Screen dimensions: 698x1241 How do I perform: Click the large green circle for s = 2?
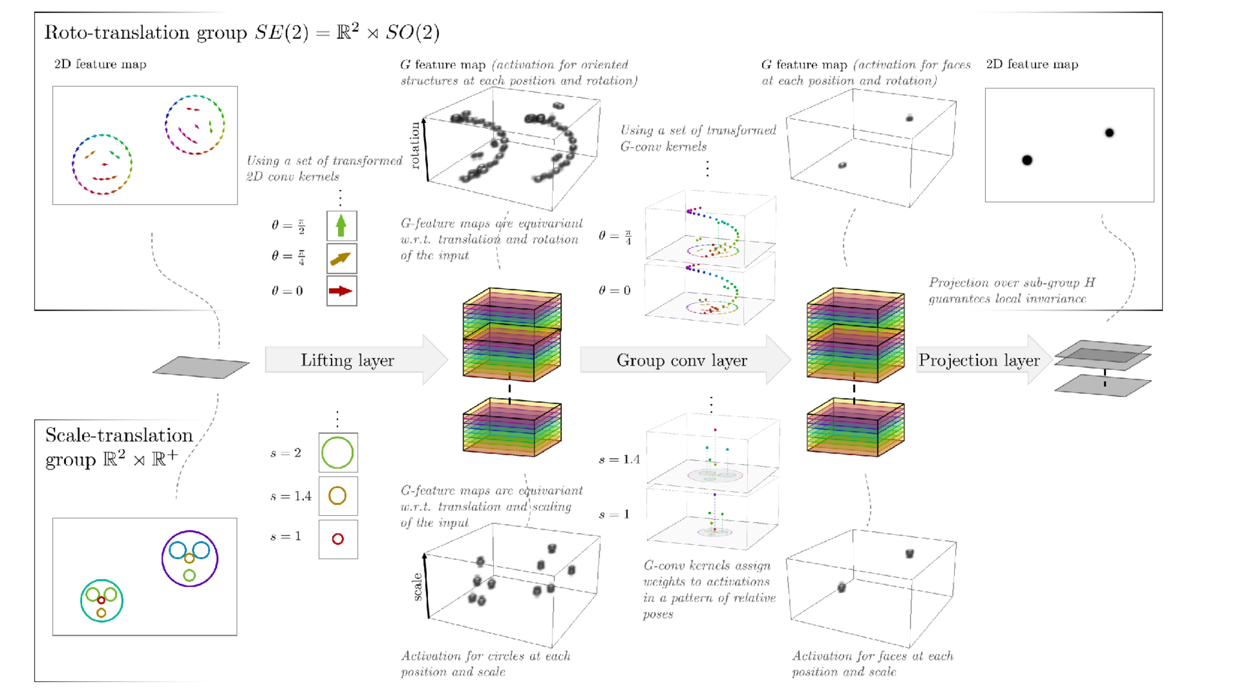pos(338,452)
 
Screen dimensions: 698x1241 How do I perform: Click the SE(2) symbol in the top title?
pos(282,32)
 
